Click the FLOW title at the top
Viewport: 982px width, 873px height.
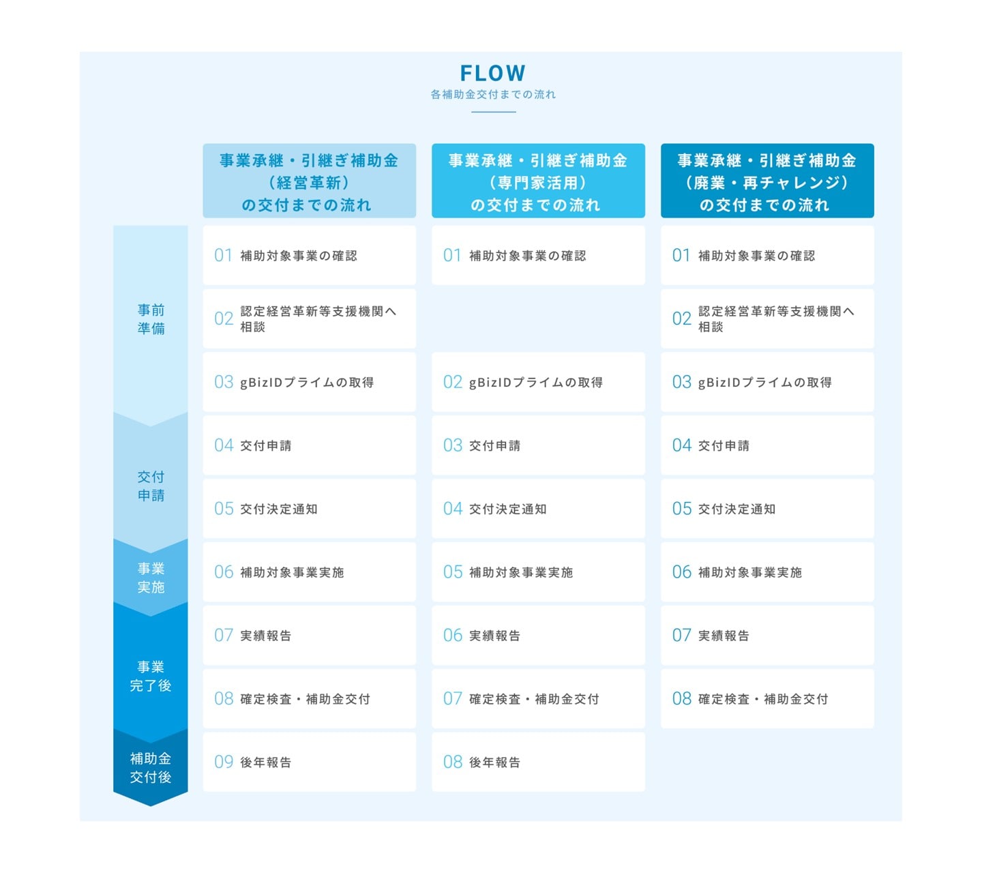coord(492,73)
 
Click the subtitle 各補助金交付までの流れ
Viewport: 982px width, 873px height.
coord(493,95)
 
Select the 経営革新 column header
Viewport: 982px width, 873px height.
coord(309,181)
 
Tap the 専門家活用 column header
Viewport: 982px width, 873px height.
coord(538,181)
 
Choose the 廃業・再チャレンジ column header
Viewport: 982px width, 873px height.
coord(767,181)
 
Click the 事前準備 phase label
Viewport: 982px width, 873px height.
coord(151,319)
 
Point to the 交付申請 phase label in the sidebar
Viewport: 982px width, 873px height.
coord(151,486)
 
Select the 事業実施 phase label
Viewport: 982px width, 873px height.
coord(151,578)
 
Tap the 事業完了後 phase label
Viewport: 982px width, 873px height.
coord(151,676)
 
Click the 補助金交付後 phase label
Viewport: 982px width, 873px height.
coord(151,767)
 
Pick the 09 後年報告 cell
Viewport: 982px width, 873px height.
coord(309,762)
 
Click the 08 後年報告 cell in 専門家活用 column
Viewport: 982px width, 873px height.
coord(538,762)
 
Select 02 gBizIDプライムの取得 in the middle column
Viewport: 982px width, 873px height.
coord(538,382)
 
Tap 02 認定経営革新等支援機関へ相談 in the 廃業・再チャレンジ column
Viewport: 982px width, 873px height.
coord(767,319)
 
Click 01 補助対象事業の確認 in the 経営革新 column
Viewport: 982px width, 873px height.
coord(309,256)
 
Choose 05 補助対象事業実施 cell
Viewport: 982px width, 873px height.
coord(538,572)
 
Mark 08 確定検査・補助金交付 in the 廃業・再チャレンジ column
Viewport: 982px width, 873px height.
coord(767,698)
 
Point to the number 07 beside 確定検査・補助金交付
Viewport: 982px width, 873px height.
coord(452,698)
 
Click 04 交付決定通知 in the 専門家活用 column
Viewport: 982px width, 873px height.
coord(538,509)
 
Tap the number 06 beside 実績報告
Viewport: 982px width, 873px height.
coord(452,635)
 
